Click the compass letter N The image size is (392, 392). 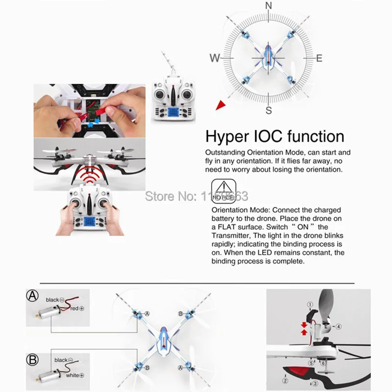tap(268, 6)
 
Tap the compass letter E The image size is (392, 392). tap(319, 58)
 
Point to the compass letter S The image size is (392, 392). tap(269, 110)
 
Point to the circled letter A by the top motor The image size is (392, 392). tap(33, 295)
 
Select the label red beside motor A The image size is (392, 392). tap(74, 308)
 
